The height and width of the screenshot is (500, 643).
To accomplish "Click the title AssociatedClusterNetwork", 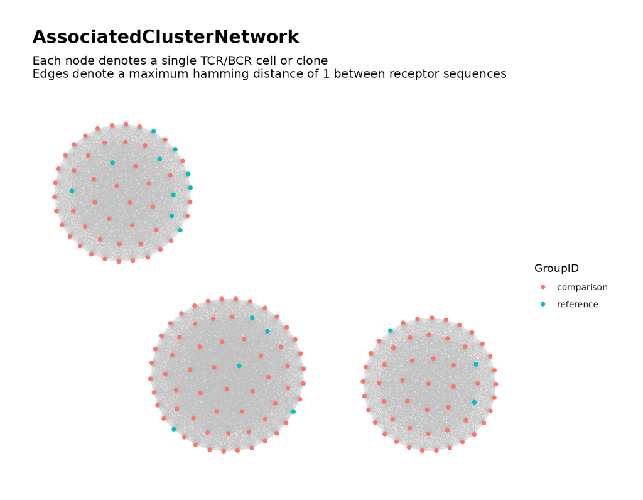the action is pos(166,38).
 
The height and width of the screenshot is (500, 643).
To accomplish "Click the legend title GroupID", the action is pos(556,268).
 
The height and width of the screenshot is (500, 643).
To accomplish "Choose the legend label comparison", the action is pos(582,287).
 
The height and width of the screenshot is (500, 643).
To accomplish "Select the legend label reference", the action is pos(578,305).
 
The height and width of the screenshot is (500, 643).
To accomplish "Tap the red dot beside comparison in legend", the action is pos(543,287).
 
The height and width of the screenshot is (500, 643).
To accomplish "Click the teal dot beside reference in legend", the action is pos(543,305).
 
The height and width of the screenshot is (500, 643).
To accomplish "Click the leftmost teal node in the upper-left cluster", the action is pos(72,191).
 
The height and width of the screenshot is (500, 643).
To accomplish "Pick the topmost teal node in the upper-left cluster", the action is pos(153,131).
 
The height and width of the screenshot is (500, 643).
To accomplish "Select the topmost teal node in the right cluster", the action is pos(390,330).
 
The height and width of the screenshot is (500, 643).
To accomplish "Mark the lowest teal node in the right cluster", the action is pos(474,402).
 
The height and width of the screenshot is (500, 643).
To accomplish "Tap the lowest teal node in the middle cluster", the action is pos(174,429).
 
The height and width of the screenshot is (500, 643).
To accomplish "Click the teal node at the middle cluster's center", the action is pos(239,366).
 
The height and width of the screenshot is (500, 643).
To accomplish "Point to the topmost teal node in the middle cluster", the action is pos(252,318).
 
